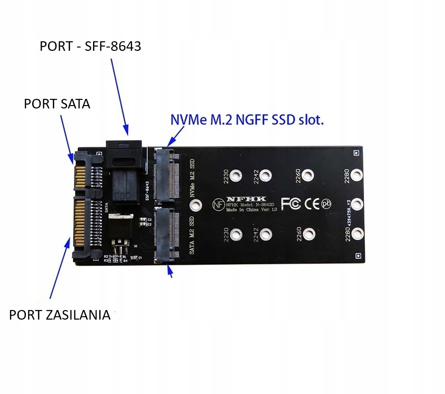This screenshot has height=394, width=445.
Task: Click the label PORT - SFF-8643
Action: (x=90, y=47)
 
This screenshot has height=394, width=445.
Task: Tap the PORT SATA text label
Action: (x=57, y=104)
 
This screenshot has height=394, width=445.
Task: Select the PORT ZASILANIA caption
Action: (x=59, y=315)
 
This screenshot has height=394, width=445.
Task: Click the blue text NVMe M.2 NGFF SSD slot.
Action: (x=247, y=119)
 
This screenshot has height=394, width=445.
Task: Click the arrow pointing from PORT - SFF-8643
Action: (x=119, y=96)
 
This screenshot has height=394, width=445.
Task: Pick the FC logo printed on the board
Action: (x=291, y=204)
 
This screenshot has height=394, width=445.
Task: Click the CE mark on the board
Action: (x=312, y=204)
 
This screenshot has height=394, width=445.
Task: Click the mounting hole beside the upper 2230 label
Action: (x=235, y=176)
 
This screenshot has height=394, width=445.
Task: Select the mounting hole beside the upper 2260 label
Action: (x=309, y=176)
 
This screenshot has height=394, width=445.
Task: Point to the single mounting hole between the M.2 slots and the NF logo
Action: (x=195, y=205)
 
